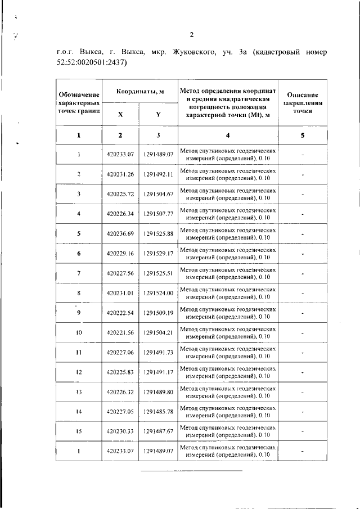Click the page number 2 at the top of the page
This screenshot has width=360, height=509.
point(191,35)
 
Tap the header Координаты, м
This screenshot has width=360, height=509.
point(140,92)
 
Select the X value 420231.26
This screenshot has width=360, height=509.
point(120,174)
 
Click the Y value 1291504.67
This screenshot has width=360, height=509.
point(158,194)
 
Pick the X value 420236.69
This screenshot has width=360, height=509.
point(120,233)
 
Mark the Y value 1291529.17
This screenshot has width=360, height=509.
point(158,254)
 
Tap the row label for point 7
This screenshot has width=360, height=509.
point(79,273)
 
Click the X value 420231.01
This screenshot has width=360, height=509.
point(120,293)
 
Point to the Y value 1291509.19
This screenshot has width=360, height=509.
point(158,313)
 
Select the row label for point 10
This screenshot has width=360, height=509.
point(79,332)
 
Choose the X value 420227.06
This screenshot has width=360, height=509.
point(120,352)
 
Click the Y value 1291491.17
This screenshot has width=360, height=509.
point(158,372)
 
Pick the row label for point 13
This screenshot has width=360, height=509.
point(79,392)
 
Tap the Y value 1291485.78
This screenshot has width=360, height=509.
point(158,412)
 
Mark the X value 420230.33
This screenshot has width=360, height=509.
point(120,431)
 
